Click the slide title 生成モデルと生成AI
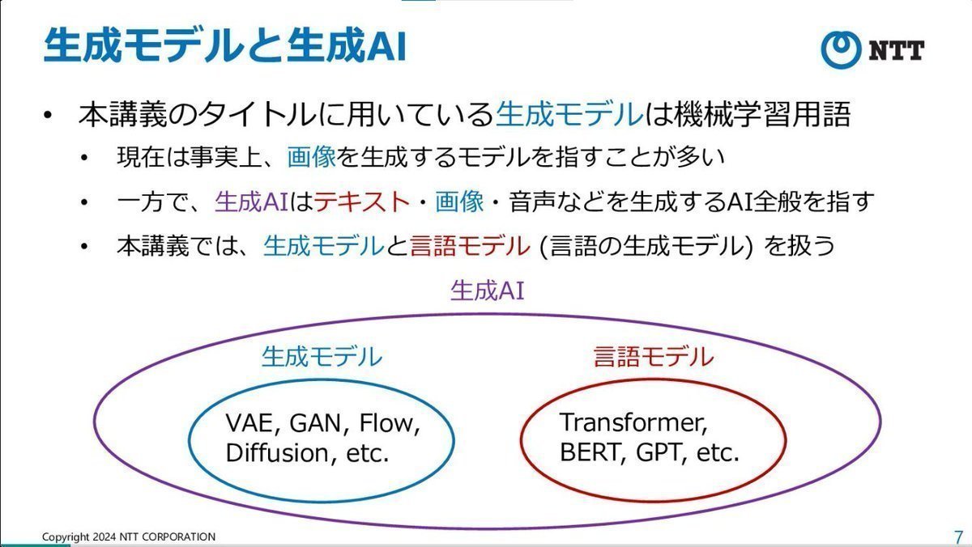(224, 47)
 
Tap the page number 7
(958, 536)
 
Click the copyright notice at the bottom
(129, 536)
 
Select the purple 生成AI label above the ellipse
(487, 290)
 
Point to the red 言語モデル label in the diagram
(653, 357)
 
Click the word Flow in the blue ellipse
(391, 424)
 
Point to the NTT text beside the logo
(897, 50)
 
